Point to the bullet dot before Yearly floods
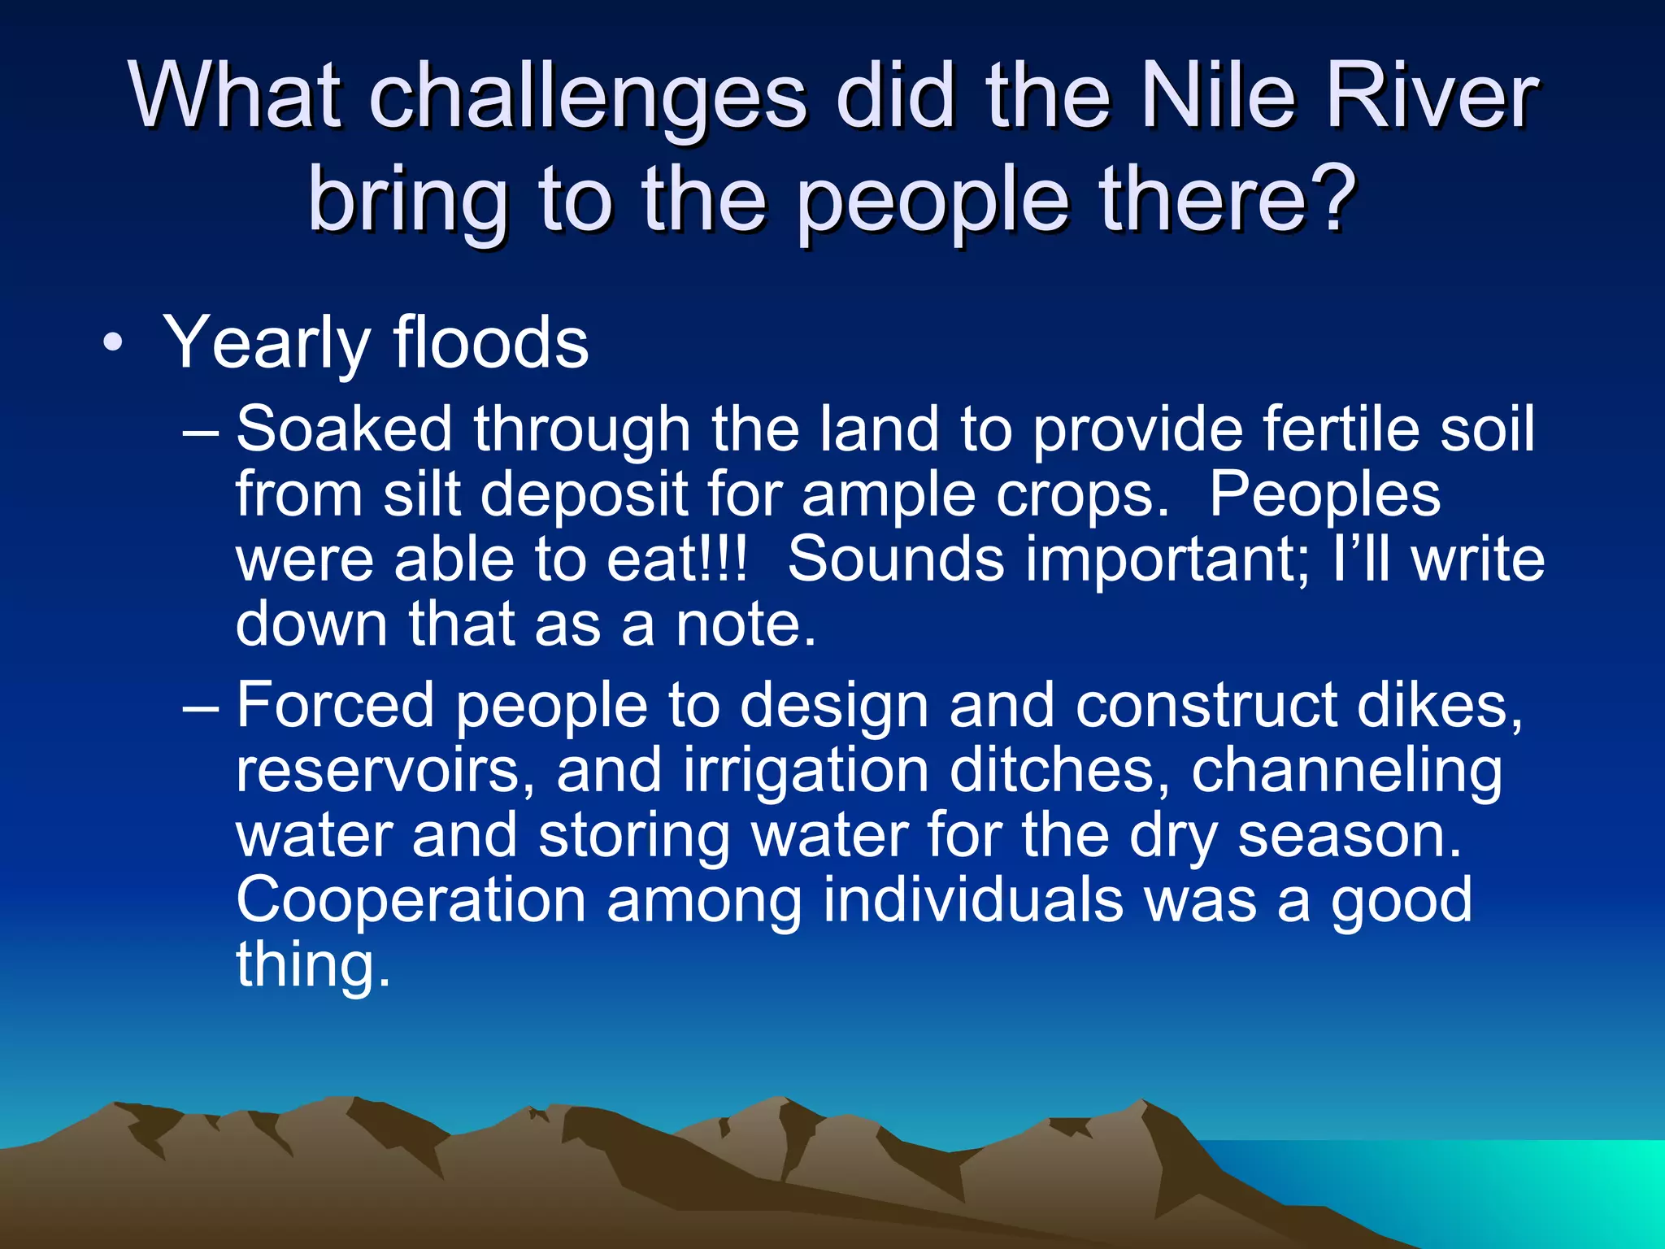[x=113, y=344]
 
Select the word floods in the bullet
[x=491, y=342]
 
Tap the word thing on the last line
[x=313, y=965]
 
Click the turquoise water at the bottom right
[x=1504, y=1187]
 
